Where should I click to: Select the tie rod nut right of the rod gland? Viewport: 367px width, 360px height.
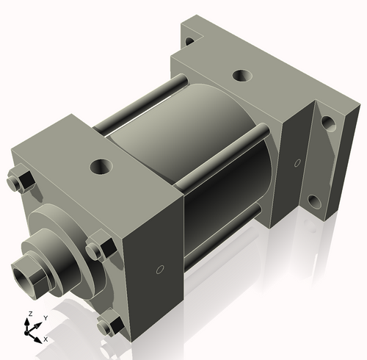[x=98, y=247]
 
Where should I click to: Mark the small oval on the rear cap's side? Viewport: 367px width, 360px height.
[x=297, y=162]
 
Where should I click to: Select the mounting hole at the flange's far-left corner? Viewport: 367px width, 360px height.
[x=189, y=40]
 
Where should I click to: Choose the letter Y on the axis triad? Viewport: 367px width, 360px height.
[x=45, y=317]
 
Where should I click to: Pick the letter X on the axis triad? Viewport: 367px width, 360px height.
[x=46, y=339]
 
